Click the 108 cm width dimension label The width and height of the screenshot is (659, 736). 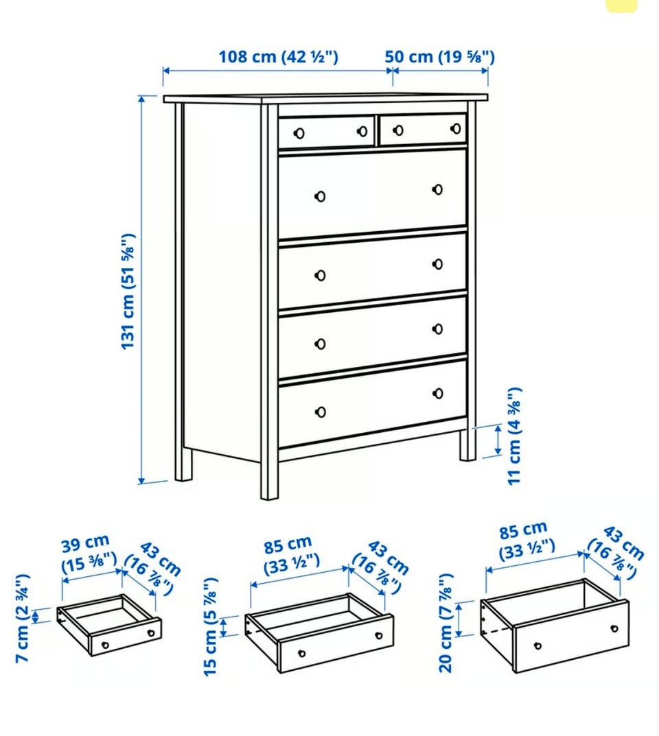click(x=279, y=57)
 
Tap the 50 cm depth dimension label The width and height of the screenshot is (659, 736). click(x=439, y=57)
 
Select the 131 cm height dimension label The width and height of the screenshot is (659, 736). click(x=128, y=291)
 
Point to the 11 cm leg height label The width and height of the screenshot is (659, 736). click(x=515, y=436)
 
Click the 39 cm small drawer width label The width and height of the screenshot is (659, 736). click(x=89, y=554)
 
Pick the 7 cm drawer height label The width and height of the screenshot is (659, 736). click(x=23, y=618)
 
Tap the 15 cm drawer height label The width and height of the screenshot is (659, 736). click(x=211, y=627)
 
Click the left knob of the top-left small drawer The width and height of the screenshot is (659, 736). click(x=299, y=134)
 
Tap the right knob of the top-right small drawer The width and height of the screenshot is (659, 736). click(x=456, y=128)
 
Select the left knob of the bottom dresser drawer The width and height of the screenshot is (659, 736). click(x=321, y=412)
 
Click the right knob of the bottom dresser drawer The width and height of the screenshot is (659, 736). click(x=438, y=393)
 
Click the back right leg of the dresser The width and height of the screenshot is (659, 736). click(x=468, y=444)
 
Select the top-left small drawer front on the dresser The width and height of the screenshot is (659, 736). click(x=327, y=132)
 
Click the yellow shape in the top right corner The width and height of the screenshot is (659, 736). click(x=621, y=5)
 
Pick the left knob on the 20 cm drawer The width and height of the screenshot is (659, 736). click(x=537, y=646)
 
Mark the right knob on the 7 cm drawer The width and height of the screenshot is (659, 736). click(x=151, y=633)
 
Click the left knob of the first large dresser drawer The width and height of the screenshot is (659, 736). click(x=321, y=196)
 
